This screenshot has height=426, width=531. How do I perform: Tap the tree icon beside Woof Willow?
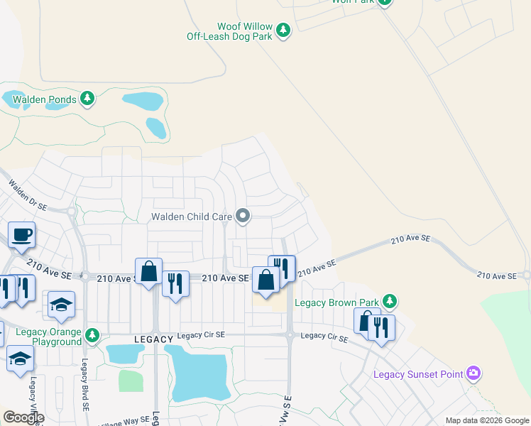coord(283,30)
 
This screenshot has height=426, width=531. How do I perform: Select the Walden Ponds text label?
coord(44,100)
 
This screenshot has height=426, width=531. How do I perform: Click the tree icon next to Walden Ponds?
coord(87,98)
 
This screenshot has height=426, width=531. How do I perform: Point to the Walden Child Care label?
coord(192,217)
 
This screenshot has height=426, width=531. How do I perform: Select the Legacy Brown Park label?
coord(336,303)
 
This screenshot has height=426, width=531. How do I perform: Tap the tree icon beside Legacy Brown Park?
coord(389,301)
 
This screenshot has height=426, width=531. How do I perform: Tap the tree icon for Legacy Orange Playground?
coord(92,334)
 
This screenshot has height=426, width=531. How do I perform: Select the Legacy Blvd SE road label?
coord(84,376)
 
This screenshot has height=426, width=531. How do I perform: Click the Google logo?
coord(23,417)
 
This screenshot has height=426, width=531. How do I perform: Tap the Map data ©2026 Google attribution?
coord(486,420)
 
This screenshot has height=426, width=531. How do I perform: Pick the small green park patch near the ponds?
coord(131,381)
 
